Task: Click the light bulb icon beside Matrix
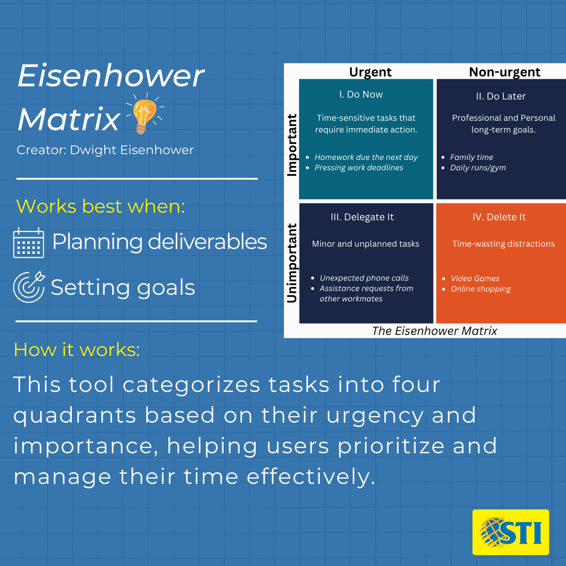pos(144,114)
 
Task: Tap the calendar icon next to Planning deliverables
pos(28,243)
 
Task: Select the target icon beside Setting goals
pos(29,287)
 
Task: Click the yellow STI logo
pos(510,532)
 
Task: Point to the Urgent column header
pos(370,72)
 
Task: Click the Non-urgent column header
pos(505,72)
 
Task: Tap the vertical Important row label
pos(291,145)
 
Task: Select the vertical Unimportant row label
pos(291,263)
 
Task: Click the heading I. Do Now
pos(361,94)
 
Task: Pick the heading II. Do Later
pos(501,96)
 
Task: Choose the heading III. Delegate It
pos(362,217)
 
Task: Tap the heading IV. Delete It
pos(499,217)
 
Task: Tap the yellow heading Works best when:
pos(100,206)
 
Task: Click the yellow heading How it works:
pos(77,350)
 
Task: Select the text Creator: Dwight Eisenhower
pos(105,150)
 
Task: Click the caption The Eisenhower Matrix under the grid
pos(434,331)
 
